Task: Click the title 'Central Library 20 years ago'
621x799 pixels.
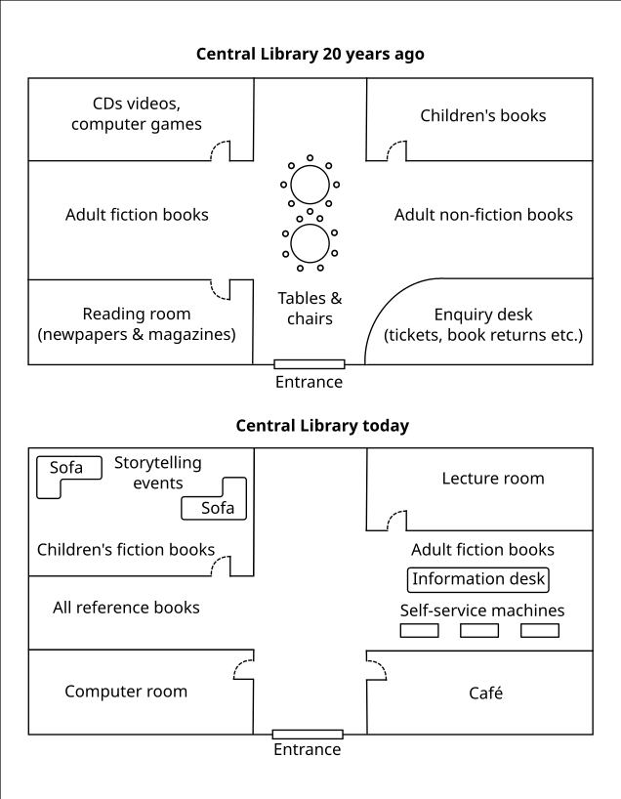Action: (310, 55)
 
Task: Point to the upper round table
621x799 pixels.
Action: (310, 184)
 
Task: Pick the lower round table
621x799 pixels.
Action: (310, 242)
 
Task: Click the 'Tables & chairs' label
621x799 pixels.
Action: (310, 309)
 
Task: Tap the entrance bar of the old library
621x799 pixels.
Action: (309, 364)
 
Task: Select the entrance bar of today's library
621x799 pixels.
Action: (308, 734)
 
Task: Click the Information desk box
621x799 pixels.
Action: (478, 579)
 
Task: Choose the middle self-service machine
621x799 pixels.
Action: (478, 631)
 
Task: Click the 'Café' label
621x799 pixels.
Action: (485, 693)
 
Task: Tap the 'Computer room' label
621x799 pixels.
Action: (126, 692)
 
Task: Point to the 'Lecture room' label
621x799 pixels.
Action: (493, 479)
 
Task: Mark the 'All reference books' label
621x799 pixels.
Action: (126, 608)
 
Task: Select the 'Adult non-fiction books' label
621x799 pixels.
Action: (483, 215)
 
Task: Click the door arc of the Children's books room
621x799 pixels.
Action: (396, 149)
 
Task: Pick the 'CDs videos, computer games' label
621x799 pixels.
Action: (137, 113)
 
